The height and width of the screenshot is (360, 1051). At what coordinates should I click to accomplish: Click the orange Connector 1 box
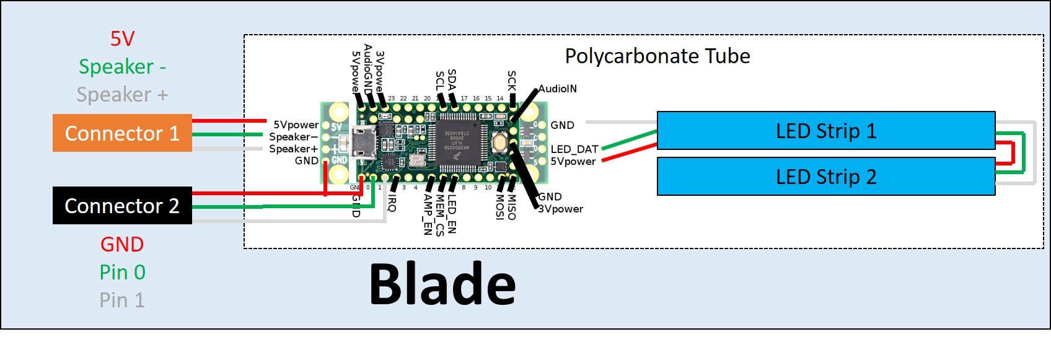[122, 133]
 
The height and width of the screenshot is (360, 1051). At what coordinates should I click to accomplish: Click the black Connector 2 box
[122, 205]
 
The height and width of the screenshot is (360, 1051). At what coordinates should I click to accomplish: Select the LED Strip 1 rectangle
[825, 131]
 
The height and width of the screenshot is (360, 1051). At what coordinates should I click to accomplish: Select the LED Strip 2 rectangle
[825, 177]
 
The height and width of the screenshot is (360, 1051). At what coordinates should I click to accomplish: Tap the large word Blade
[442, 284]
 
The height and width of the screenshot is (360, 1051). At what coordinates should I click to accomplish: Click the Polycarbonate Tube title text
[657, 56]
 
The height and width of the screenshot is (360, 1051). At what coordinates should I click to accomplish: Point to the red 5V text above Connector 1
[122, 38]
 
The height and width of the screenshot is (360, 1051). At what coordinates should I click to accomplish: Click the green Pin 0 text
[122, 272]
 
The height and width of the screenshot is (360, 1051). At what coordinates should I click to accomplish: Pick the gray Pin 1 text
[122, 300]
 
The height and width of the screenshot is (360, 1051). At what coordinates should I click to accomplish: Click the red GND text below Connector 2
[122, 244]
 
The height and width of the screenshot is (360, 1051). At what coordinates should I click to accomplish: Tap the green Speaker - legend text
[122, 66]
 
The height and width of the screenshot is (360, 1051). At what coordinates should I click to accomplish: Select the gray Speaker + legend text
[122, 94]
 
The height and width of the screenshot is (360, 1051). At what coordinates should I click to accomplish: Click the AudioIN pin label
[557, 89]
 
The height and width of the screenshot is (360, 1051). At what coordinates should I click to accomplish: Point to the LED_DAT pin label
[574, 149]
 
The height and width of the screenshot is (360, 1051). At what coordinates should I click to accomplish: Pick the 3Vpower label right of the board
[560, 209]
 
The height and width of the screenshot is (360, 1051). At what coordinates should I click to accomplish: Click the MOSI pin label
[500, 207]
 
